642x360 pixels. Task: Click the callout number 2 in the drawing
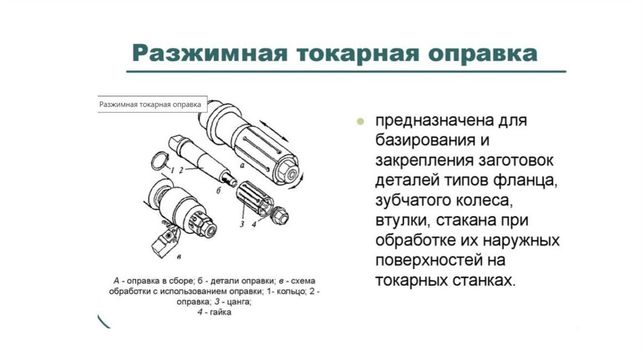coord(181,169)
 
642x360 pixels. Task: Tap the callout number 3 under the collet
coord(242,224)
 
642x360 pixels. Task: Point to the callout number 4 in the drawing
coord(254,224)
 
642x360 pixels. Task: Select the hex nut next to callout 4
coord(280,216)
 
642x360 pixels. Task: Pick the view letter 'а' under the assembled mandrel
coord(241,166)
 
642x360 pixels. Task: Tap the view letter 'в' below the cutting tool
coord(179,257)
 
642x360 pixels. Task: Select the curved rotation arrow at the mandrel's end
coord(298,182)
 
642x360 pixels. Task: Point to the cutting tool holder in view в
coord(165,243)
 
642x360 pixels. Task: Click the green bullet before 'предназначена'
coord(360,121)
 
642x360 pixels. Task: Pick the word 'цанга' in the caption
coord(238,302)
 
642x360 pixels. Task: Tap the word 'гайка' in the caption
coord(221,312)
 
